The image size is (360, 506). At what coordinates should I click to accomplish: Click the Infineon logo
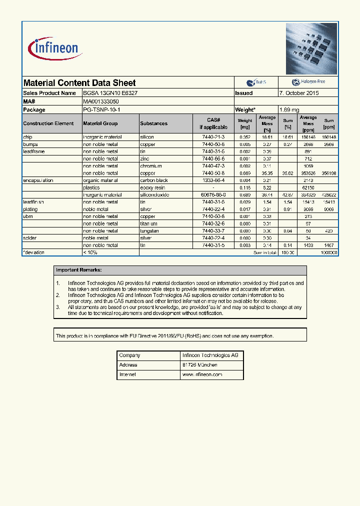point(53,48)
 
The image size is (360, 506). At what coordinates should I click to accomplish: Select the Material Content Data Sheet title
point(79,83)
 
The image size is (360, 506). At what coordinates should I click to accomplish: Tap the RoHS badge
point(256,82)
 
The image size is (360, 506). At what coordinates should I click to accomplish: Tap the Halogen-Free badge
point(308,82)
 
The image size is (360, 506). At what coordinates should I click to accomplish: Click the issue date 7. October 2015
point(298,93)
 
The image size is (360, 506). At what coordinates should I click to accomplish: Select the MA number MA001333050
point(101,101)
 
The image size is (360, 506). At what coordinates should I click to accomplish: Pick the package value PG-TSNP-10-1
point(102,109)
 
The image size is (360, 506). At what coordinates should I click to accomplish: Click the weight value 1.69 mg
point(289,109)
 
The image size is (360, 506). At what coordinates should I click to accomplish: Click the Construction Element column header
point(48,123)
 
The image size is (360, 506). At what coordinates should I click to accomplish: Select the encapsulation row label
point(38,180)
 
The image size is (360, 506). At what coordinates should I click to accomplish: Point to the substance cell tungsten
point(149,231)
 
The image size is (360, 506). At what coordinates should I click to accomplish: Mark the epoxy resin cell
point(153,187)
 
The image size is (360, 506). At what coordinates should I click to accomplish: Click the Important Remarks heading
point(78,270)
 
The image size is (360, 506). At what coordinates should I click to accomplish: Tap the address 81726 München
point(199,365)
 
